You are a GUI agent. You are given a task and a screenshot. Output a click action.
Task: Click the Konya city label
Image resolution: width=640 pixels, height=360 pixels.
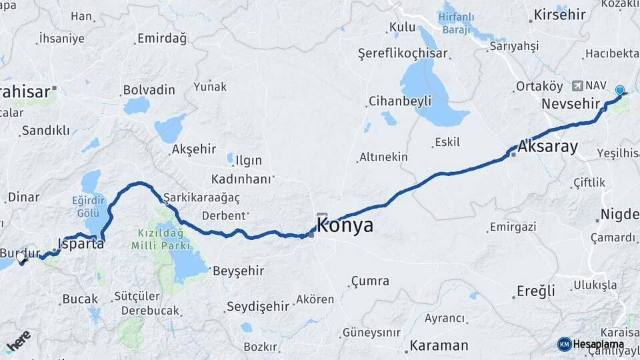pos(345,226)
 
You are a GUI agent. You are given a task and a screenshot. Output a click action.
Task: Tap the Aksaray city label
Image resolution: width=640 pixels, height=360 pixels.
pos(547,147)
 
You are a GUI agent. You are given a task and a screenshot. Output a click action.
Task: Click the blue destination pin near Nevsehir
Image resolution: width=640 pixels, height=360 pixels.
pos(620,91)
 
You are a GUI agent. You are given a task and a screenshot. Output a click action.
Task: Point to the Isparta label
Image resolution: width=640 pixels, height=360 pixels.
pos(81,243)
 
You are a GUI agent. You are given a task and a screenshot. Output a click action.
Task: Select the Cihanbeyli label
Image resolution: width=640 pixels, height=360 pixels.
pos(400,101)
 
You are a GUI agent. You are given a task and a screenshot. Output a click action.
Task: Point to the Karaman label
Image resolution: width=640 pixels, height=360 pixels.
pos(439,345)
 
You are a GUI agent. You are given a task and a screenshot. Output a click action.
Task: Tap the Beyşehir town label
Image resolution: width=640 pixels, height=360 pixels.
pos(238,271)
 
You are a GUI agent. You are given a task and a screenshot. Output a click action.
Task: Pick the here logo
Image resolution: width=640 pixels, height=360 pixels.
pos(18,341)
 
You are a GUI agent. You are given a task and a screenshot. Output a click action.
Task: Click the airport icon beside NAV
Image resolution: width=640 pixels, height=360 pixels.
pos(577,85)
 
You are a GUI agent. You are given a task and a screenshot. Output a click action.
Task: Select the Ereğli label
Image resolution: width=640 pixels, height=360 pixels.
pos(536,291)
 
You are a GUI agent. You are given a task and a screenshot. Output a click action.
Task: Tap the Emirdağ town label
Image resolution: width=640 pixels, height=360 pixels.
pos(162,38)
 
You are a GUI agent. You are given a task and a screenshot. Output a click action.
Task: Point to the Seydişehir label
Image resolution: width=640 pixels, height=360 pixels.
pos(258,306)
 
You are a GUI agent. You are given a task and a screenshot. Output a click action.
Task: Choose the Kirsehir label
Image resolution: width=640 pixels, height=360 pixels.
pos(559,15)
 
